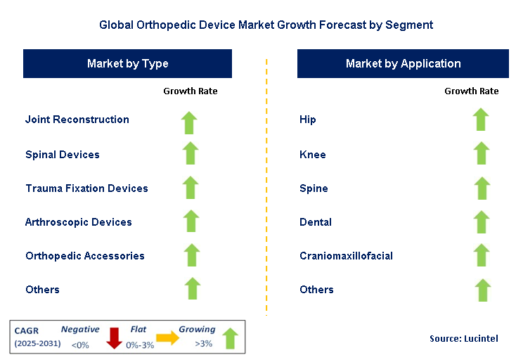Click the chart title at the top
click(x=266, y=25)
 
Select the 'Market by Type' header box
click(x=127, y=63)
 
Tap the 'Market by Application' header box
click(x=403, y=63)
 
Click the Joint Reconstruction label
click(x=77, y=120)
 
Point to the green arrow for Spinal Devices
click(x=190, y=154)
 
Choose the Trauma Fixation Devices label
click(x=86, y=188)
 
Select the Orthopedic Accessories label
click(x=85, y=256)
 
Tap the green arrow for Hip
click(x=480, y=120)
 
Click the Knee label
click(x=313, y=155)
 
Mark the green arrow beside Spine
click(x=481, y=188)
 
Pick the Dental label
click(x=316, y=222)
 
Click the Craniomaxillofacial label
click(x=346, y=256)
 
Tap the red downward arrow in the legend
click(x=113, y=339)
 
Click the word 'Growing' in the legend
click(x=197, y=329)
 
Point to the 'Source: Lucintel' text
click(x=463, y=339)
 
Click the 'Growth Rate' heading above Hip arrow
click(x=471, y=91)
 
